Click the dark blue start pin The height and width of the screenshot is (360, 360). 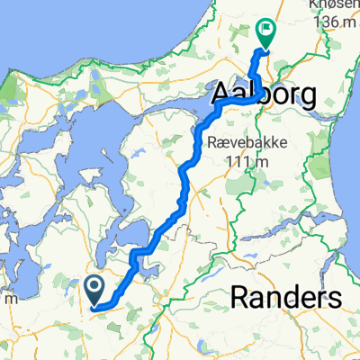[x=94, y=290]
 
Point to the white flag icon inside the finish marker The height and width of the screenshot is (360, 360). [x=265, y=30]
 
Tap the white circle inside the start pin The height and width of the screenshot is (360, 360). [x=94, y=286]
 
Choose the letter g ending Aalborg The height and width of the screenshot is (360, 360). [x=304, y=96]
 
